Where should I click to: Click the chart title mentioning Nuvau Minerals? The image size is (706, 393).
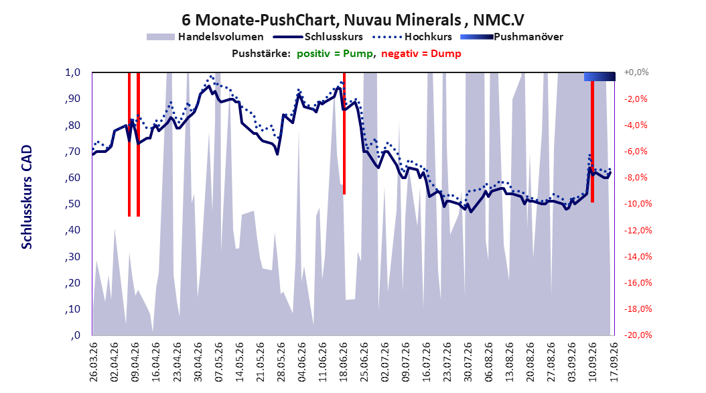(x=353, y=20)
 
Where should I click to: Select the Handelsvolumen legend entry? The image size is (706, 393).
(x=206, y=37)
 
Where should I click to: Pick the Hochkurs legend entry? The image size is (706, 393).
(x=412, y=37)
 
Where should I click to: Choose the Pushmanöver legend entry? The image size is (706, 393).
(x=512, y=37)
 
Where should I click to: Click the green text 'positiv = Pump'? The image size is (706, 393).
(x=334, y=54)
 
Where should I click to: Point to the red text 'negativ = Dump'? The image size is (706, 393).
(x=421, y=54)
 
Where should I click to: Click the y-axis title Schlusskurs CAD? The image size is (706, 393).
(x=27, y=197)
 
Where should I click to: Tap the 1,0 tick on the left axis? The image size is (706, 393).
(x=72, y=72)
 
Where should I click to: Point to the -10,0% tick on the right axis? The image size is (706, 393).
(x=638, y=204)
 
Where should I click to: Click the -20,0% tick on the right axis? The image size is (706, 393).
(x=638, y=335)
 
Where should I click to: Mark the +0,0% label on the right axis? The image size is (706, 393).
(x=636, y=72)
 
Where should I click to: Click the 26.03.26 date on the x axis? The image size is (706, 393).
(x=94, y=362)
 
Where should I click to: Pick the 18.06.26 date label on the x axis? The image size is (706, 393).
(x=343, y=362)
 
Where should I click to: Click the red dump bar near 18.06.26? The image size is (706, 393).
(x=344, y=133)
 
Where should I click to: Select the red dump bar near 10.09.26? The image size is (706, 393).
(x=592, y=142)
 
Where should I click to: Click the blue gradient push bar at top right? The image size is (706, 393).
(x=599, y=76)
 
